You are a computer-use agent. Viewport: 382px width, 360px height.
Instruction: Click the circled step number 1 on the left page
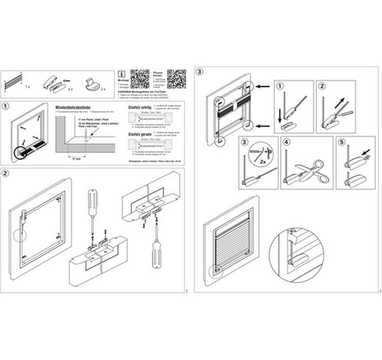pyautogui.click(x=5, y=105)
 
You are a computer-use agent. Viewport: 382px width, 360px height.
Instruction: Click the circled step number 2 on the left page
pyautogui.click(x=5, y=173)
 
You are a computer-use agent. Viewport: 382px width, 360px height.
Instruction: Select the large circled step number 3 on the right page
pyautogui.click(x=199, y=71)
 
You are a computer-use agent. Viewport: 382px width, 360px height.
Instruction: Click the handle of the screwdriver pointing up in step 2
pyautogui.click(x=156, y=256)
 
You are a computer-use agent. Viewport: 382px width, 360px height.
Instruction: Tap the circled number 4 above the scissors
pyautogui.click(x=287, y=142)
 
